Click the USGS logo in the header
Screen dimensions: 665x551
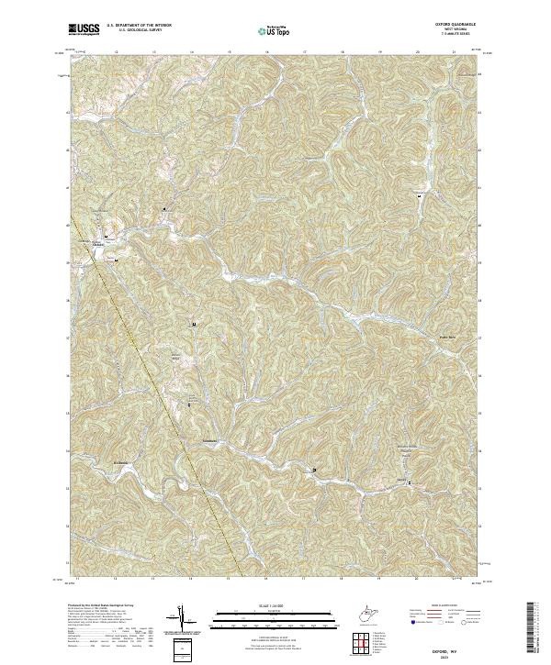[x=84, y=30]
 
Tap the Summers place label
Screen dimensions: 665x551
[x=209, y=442]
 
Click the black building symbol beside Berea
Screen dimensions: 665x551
[x=410, y=482]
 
